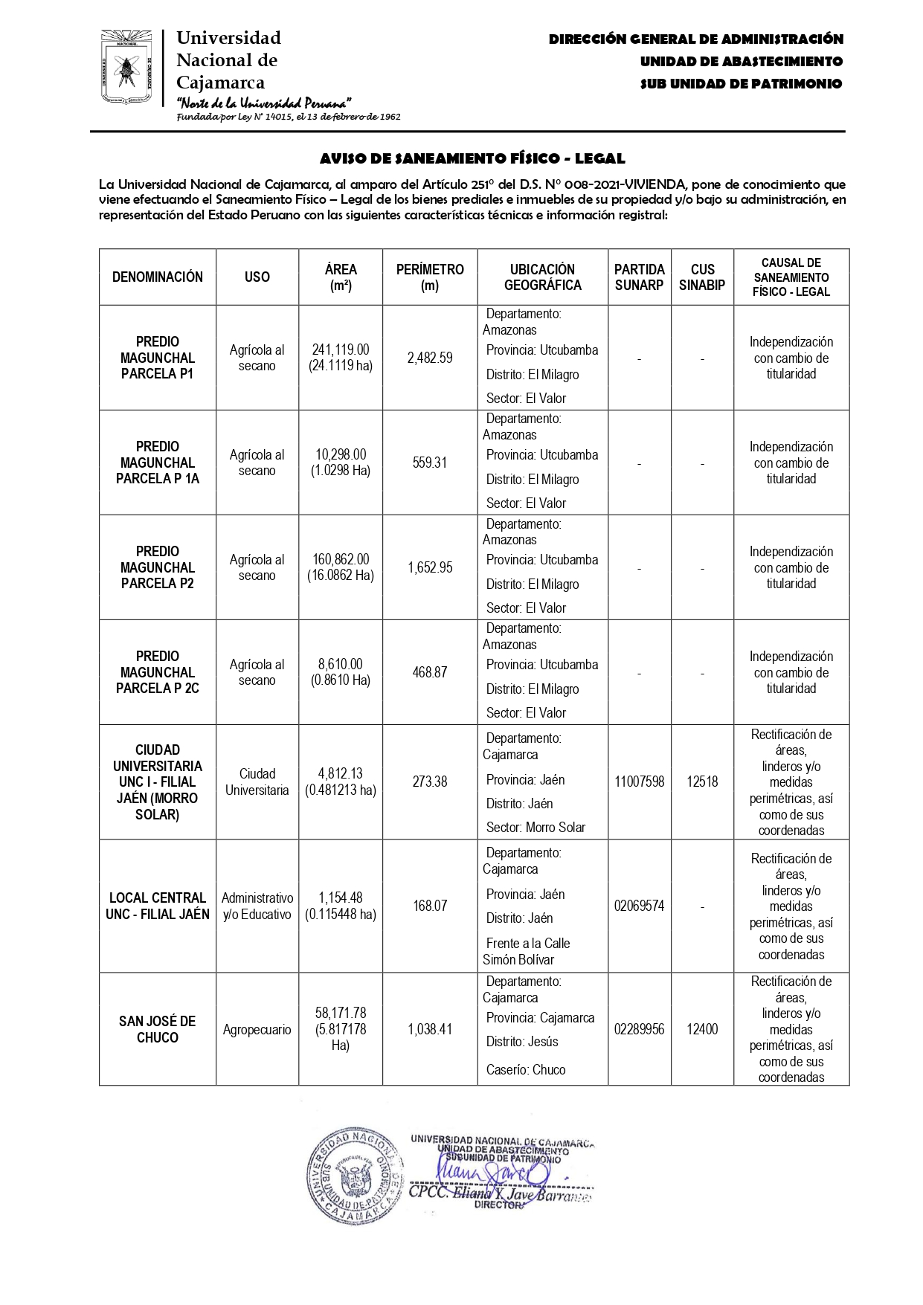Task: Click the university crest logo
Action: (x=126, y=68)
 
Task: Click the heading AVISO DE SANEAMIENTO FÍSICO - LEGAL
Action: (x=472, y=158)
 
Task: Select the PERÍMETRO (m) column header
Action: (x=430, y=277)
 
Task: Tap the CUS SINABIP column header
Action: (x=702, y=277)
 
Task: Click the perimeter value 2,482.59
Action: (x=430, y=358)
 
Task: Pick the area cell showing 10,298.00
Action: (x=341, y=463)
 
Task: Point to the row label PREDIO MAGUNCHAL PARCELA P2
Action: (x=158, y=567)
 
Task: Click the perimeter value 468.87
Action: (x=430, y=672)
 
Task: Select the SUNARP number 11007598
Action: (x=639, y=782)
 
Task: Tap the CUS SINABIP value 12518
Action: (x=702, y=782)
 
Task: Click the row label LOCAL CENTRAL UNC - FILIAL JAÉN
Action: (x=158, y=906)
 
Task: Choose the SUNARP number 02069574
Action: (x=639, y=906)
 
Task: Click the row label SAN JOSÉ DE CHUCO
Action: (x=158, y=1029)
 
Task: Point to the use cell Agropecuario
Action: (x=257, y=1030)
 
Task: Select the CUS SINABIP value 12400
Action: (x=702, y=1029)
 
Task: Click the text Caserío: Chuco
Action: (x=526, y=1069)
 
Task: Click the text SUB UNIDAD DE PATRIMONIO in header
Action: (x=741, y=84)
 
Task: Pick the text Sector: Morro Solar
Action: (x=536, y=827)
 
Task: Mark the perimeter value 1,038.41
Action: (x=430, y=1029)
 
